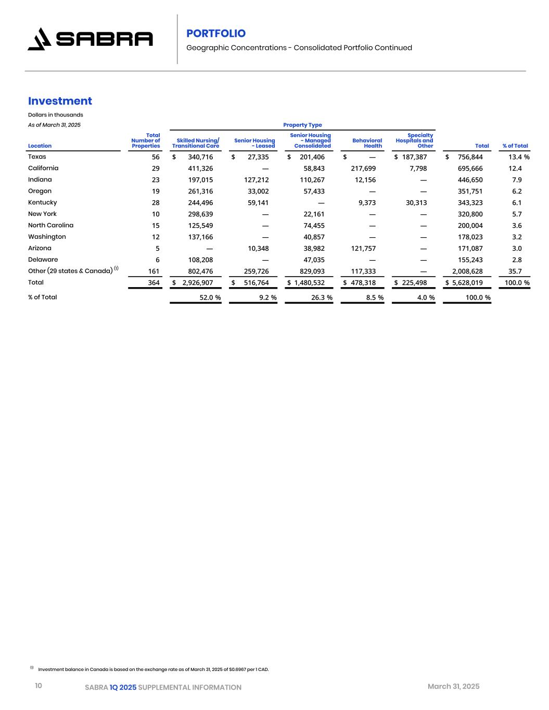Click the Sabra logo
pos(90,39)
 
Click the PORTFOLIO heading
pos(216,33)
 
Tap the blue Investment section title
pos(60,101)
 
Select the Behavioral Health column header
pos(367,143)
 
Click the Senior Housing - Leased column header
pos(254,143)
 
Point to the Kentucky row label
pos(43,202)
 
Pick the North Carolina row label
pos(51,225)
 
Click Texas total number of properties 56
pos(156,157)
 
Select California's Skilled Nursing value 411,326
pos(200,169)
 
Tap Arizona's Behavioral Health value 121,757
pos(364,249)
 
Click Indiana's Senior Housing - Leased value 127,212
pos(257,180)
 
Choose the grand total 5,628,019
pos(467,283)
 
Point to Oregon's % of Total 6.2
pos(517,191)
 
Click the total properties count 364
pos(154,283)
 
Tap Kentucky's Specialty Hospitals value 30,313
pos(415,203)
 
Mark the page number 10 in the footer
pos(39,686)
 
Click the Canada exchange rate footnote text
pos(154,669)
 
